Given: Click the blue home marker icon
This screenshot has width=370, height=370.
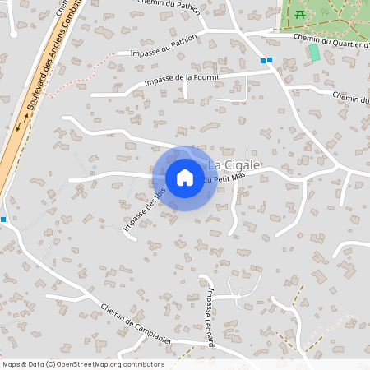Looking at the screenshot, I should click(185, 178).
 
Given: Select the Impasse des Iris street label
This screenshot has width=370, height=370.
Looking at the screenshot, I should click(144, 209).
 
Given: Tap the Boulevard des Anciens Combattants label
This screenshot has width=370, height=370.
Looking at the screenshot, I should click(46, 66).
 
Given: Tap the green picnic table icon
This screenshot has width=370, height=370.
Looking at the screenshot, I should click(300, 15).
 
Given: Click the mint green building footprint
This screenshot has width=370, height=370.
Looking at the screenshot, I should click(314, 52).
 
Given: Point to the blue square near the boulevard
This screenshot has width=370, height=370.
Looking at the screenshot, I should click(3, 219).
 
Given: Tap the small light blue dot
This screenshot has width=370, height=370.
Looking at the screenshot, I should click(94, 168).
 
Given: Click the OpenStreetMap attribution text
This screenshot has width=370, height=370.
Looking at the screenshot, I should click(83, 364).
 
